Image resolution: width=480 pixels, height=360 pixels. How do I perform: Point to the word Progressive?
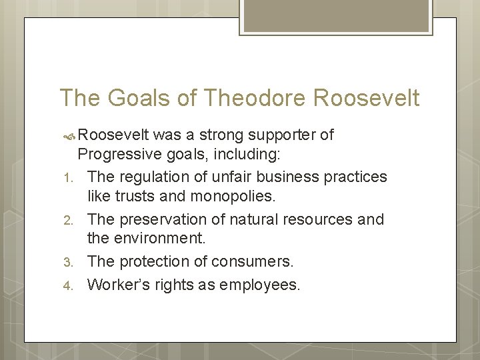[x=119, y=155]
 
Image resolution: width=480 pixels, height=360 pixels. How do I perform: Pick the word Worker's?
[x=117, y=285]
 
